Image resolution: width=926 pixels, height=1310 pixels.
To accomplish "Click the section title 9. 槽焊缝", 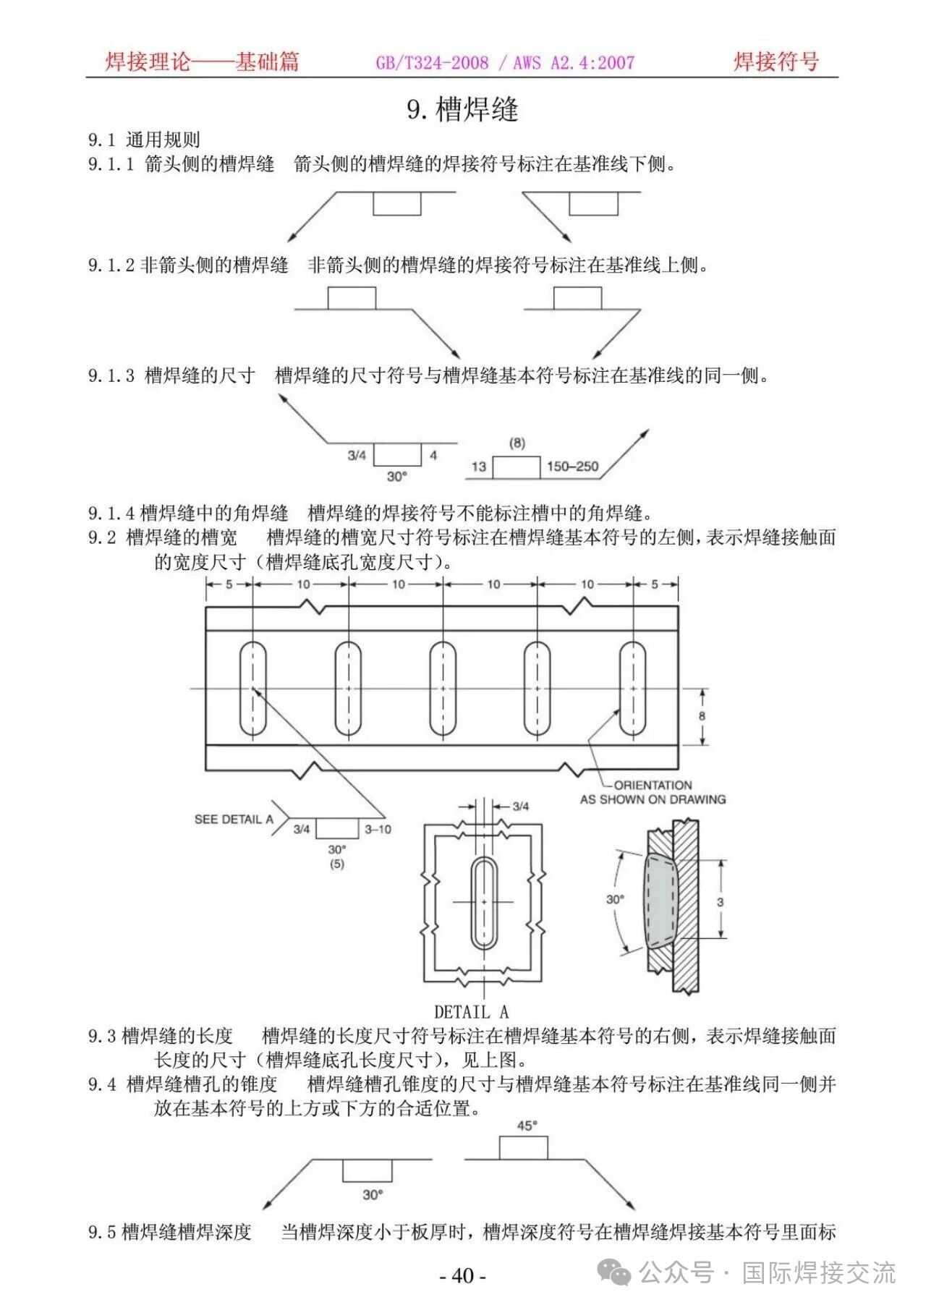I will click(x=463, y=110).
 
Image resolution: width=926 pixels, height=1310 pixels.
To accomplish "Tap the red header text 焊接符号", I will click(x=776, y=61).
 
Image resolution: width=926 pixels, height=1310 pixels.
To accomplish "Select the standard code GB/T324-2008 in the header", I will click(x=432, y=63).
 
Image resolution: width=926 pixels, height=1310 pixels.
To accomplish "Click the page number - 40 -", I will click(x=463, y=1275).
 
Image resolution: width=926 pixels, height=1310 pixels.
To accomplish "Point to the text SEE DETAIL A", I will click(x=233, y=819).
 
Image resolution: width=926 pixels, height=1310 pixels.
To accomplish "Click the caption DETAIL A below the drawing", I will click(x=471, y=1011).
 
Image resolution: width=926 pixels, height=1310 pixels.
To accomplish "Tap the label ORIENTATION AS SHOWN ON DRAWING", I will click(x=653, y=792).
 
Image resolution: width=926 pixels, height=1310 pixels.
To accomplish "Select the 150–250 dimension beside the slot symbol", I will click(x=572, y=467).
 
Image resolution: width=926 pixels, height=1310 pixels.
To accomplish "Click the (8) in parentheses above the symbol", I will click(x=517, y=443).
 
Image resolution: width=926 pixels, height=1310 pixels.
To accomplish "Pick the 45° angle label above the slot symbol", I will click(x=527, y=1126).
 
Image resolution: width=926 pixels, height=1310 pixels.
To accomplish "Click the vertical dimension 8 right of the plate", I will click(x=702, y=716).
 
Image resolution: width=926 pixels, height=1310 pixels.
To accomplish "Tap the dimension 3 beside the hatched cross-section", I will click(x=720, y=902).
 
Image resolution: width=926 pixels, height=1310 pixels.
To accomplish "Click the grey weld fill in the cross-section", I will click(x=660, y=901).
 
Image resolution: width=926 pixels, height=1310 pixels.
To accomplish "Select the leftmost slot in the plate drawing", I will click(x=253, y=688).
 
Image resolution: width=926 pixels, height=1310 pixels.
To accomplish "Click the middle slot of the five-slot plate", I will click(x=443, y=688).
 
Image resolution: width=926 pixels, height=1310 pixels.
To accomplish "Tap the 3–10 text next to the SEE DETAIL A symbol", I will click(x=378, y=829).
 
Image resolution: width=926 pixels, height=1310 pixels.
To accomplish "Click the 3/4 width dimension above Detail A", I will click(x=520, y=806).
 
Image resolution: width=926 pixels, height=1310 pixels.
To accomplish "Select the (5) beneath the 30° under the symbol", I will click(x=337, y=864).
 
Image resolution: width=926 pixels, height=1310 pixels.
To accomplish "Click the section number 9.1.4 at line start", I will click(x=111, y=514).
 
